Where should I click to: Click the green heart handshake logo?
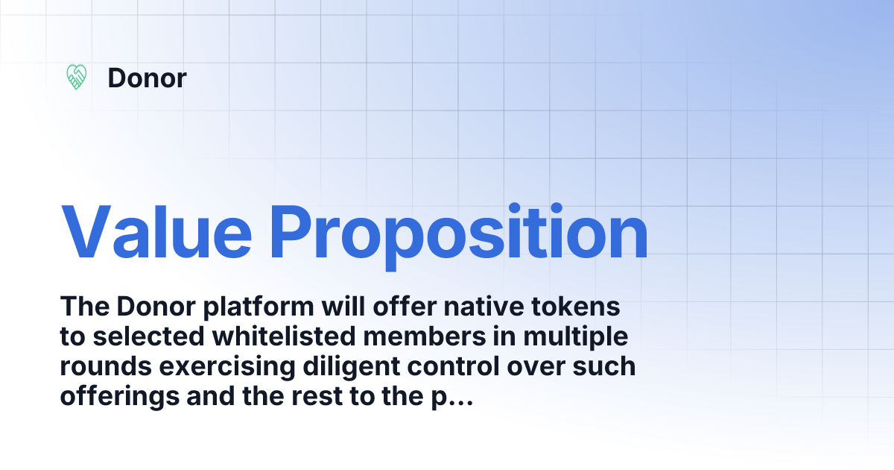(77, 77)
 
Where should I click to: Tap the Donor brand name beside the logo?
(147, 78)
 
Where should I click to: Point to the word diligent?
(335, 367)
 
